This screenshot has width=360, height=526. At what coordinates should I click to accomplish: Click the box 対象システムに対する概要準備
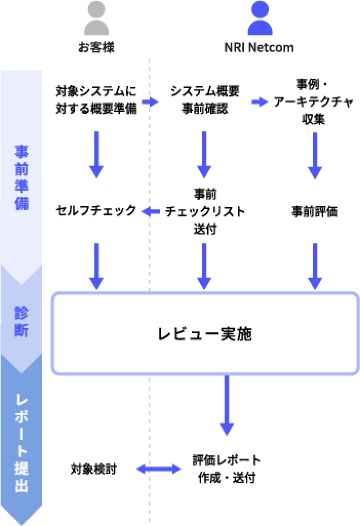click(x=96, y=100)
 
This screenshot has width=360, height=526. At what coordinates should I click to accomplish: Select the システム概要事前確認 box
click(x=205, y=100)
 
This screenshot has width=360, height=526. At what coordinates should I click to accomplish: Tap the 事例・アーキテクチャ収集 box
click(x=313, y=101)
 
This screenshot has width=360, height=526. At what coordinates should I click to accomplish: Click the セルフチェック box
click(x=96, y=211)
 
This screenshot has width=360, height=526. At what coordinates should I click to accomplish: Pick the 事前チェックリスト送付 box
click(x=205, y=211)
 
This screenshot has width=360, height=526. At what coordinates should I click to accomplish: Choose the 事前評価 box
click(x=313, y=211)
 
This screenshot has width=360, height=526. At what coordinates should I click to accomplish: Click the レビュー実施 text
click(x=205, y=334)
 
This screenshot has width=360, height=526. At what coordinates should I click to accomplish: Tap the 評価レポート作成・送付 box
click(x=227, y=468)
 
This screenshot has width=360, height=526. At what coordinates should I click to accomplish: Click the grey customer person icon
click(x=96, y=19)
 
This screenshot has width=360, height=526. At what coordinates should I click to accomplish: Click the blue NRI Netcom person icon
click(x=259, y=19)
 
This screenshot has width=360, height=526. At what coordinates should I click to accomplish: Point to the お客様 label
click(x=96, y=48)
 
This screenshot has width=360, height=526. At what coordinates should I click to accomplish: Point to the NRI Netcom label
click(x=259, y=48)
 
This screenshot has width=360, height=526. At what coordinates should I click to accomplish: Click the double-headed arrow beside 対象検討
click(x=158, y=468)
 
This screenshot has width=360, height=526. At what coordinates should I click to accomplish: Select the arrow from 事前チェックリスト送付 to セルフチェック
click(x=150, y=211)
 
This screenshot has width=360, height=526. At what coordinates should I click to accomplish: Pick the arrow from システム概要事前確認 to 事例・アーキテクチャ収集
click(x=259, y=102)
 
